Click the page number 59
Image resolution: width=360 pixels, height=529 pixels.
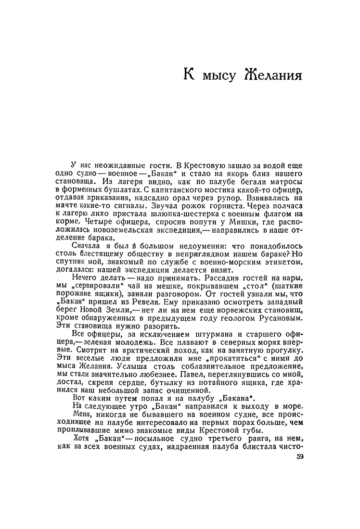coord(301,457)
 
